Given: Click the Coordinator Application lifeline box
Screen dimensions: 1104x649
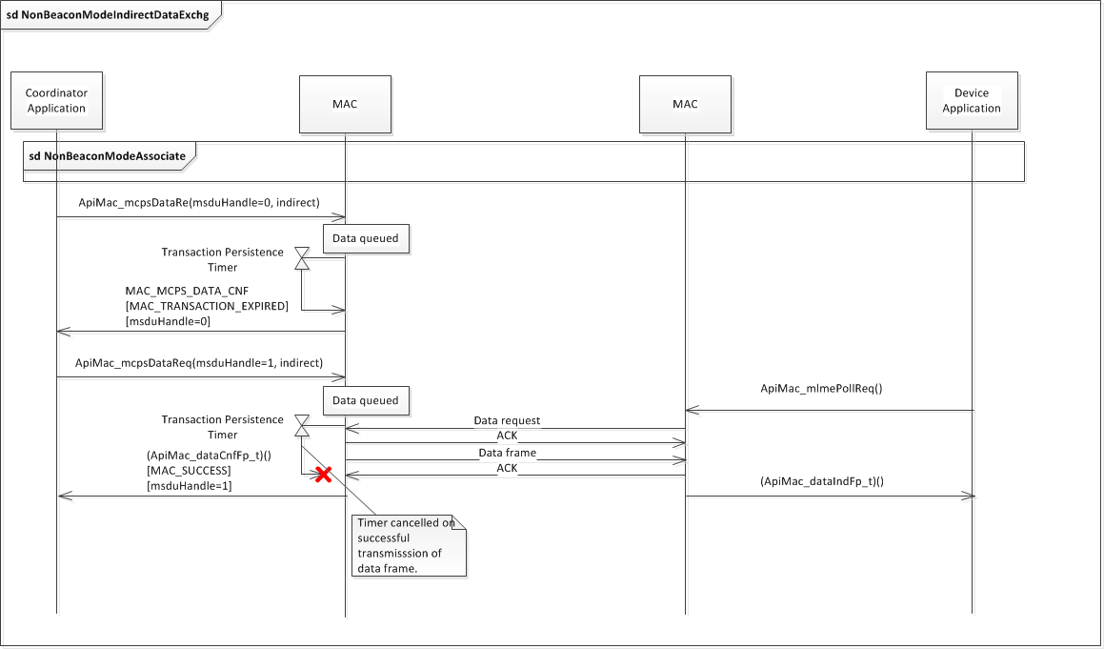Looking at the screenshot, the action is pyautogui.click(x=56, y=100).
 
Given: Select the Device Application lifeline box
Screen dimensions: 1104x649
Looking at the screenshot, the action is pyautogui.click(x=971, y=100).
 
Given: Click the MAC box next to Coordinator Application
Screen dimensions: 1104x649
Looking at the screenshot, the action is pyautogui.click(x=345, y=104).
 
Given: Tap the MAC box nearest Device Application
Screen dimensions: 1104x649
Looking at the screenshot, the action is pyautogui.click(x=685, y=104).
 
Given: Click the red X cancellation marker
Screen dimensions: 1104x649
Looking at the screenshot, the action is pyautogui.click(x=324, y=474).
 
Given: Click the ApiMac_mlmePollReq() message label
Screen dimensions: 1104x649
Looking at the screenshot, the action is pyautogui.click(x=821, y=389).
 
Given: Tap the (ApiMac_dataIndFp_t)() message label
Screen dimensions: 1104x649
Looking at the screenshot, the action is pyautogui.click(x=821, y=481).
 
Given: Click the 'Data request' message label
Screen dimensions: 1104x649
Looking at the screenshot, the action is pyautogui.click(x=507, y=420).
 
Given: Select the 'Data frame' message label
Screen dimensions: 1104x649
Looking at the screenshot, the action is pyautogui.click(x=507, y=453).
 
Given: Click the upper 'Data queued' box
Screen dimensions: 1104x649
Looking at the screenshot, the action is pyautogui.click(x=366, y=238).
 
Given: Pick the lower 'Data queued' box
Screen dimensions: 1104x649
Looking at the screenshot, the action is pyautogui.click(x=366, y=401).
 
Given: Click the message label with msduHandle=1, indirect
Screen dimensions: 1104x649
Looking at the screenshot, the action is pyautogui.click(x=199, y=363).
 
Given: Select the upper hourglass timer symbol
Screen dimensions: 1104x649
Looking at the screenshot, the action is pyautogui.click(x=302, y=258).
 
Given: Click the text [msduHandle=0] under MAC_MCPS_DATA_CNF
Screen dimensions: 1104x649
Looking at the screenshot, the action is pyautogui.click(x=168, y=321).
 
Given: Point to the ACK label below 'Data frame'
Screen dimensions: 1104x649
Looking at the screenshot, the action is pyautogui.click(x=507, y=468).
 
